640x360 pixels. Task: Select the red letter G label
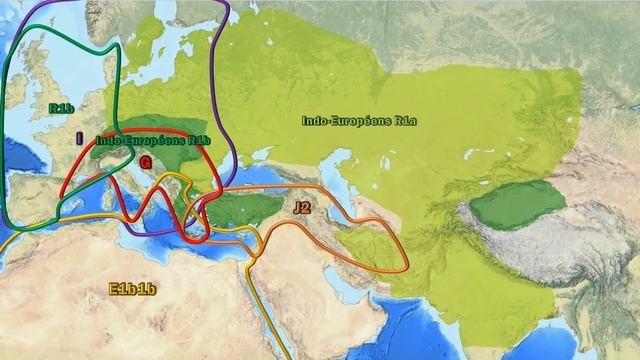pos(145,161)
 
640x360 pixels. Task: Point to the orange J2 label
pos(302,207)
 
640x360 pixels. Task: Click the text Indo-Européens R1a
pos(359,121)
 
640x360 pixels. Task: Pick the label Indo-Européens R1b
pos(154,141)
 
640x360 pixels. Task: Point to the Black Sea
pos(236,180)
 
